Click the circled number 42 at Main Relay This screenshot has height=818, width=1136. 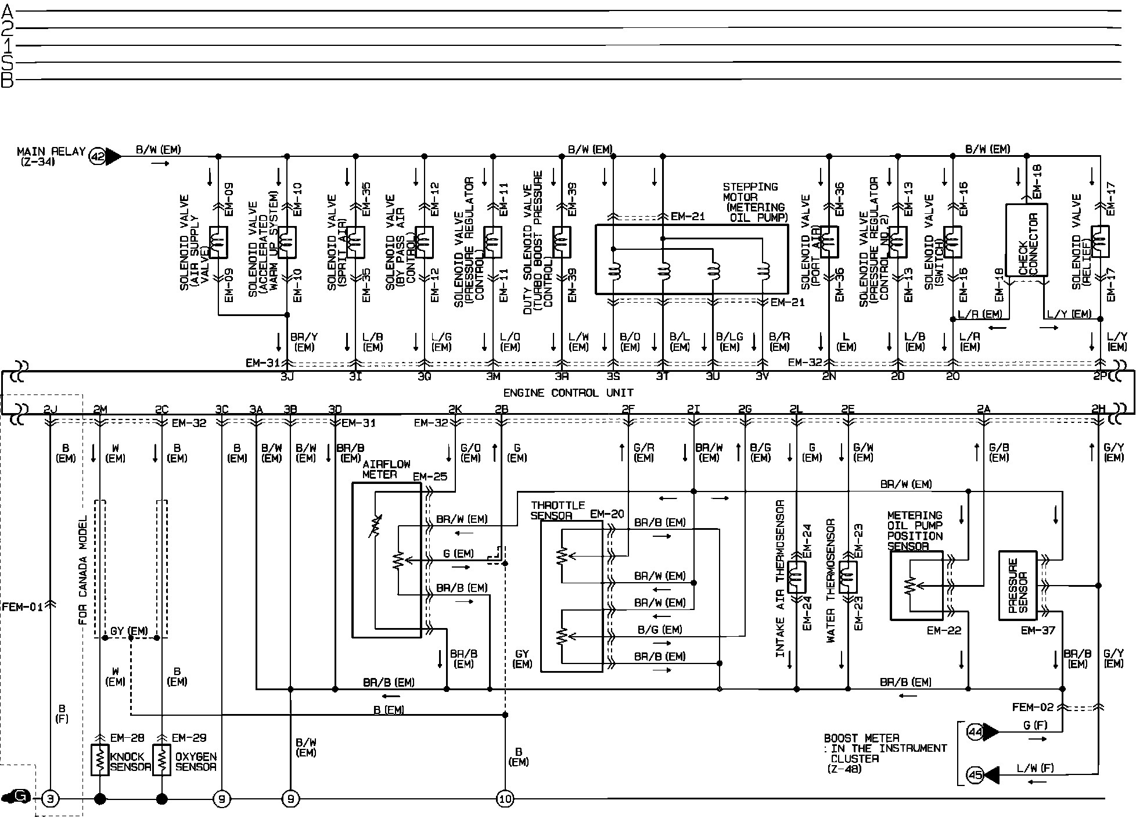click(x=97, y=156)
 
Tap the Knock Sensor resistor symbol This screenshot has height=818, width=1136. click(x=100, y=759)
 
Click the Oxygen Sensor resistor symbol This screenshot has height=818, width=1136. click(x=161, y=759)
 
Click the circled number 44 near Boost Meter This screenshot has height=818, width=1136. click(x=975, y=732)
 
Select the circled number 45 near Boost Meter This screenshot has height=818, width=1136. click(x=975, y=774)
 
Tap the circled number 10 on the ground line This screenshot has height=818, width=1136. click(x=505, y=799)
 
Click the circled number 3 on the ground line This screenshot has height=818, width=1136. click(x=51, y=799)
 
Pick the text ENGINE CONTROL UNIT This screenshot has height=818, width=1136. click(x=568, y=393)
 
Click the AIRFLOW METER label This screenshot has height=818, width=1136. click(x=386, y=469)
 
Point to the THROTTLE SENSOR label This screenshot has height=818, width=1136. click(x=558, y=511)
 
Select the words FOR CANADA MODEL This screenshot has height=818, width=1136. click(x=82, y=570)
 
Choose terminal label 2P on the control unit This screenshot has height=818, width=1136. click(x=1100, y=376)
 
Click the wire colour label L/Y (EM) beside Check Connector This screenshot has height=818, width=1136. click(x=1069, y=314)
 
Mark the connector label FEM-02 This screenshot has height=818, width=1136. click(x=1033, y=708)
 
